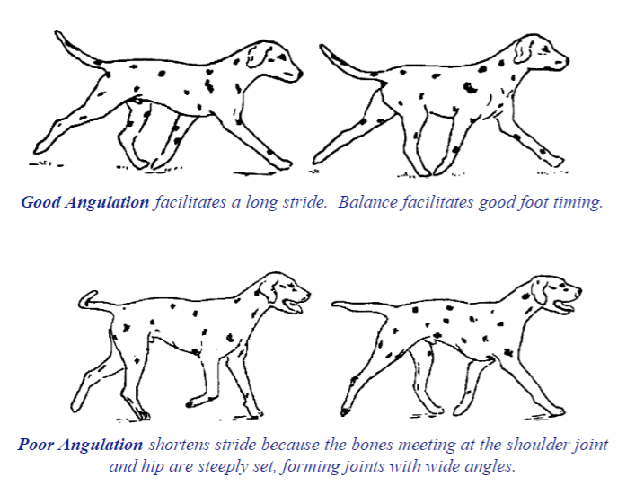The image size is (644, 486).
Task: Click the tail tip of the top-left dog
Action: click(x=57, y=32)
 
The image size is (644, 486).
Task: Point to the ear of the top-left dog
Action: click(x=258, y=56)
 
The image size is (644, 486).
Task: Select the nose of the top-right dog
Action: click(x=566, y=61)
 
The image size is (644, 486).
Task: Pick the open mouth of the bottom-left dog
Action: click(x=294, y=306)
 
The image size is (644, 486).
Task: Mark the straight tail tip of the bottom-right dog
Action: click(x=335, y=304)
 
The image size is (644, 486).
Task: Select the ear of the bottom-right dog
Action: click(x=539, y=290)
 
